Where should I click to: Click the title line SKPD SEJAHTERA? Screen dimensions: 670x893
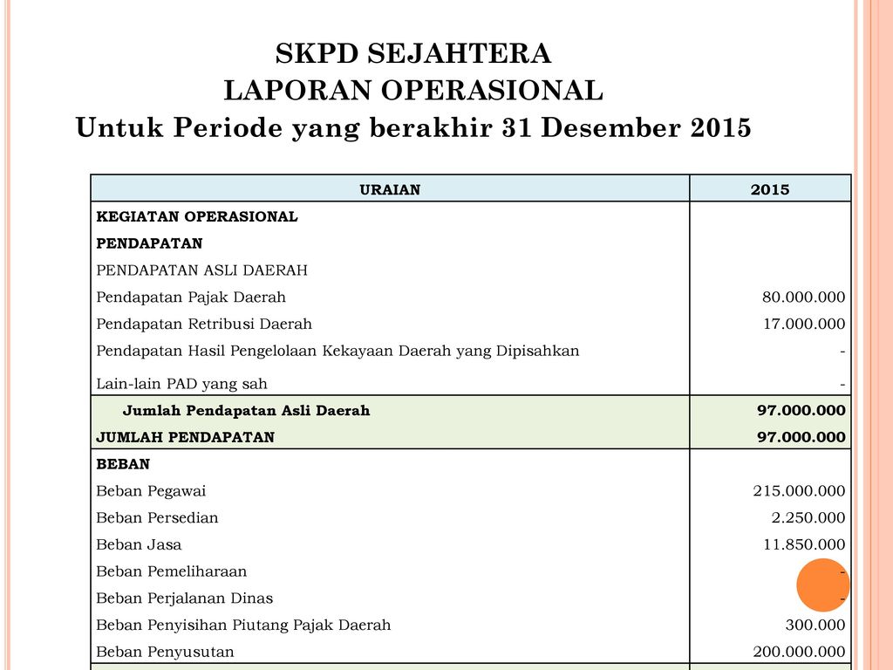(x=413, y=54)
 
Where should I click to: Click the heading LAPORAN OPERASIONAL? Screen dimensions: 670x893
(x=413, y=91)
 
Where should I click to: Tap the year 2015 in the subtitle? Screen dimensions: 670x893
(x=720, y=128)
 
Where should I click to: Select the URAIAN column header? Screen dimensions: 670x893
(x=390, y=189)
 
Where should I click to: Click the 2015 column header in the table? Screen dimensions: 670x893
(x=769, y=189)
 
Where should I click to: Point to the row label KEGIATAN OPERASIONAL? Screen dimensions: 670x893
(x=196, y=216)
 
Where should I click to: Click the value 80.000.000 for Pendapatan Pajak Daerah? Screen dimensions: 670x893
(x=803, y=297)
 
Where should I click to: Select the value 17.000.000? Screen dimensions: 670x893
(x=803, y=325)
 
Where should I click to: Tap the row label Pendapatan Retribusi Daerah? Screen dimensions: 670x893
(x=204, y=325)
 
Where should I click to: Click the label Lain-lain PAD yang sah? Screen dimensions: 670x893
(x=181, y=384)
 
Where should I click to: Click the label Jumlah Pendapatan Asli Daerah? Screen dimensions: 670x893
(x=246, y=411)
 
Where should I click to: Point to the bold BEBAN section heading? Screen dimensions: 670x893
(x=123, y=465)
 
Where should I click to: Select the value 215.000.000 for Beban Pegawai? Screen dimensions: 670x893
(x=799, y=492)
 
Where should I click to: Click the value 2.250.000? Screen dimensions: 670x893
(x=808, y=518)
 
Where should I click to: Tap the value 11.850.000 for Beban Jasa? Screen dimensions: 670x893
(x=803, y=545)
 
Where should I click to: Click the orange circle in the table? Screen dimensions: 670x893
(x=823, y=585)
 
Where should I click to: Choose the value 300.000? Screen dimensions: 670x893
(x=815, y=626)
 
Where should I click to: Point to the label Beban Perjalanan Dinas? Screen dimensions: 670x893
(x=184, y=598)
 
